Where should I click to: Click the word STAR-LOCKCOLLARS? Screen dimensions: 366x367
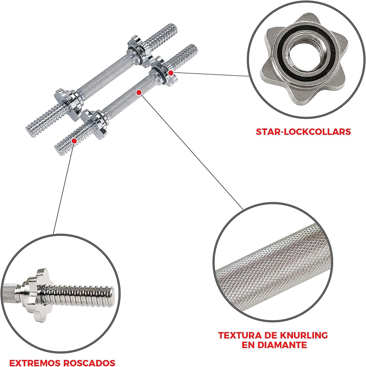point(303,132)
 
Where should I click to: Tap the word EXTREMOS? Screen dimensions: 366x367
point(35,363)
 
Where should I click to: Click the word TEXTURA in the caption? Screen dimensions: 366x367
point(239,335)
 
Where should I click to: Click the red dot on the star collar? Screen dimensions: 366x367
point(171,73)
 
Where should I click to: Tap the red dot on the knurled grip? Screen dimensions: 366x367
point(139,93)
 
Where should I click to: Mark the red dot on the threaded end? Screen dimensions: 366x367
point(74,141)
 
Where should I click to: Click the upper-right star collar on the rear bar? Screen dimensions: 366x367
point(139,50)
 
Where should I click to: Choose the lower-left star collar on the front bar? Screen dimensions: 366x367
point(94,124)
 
